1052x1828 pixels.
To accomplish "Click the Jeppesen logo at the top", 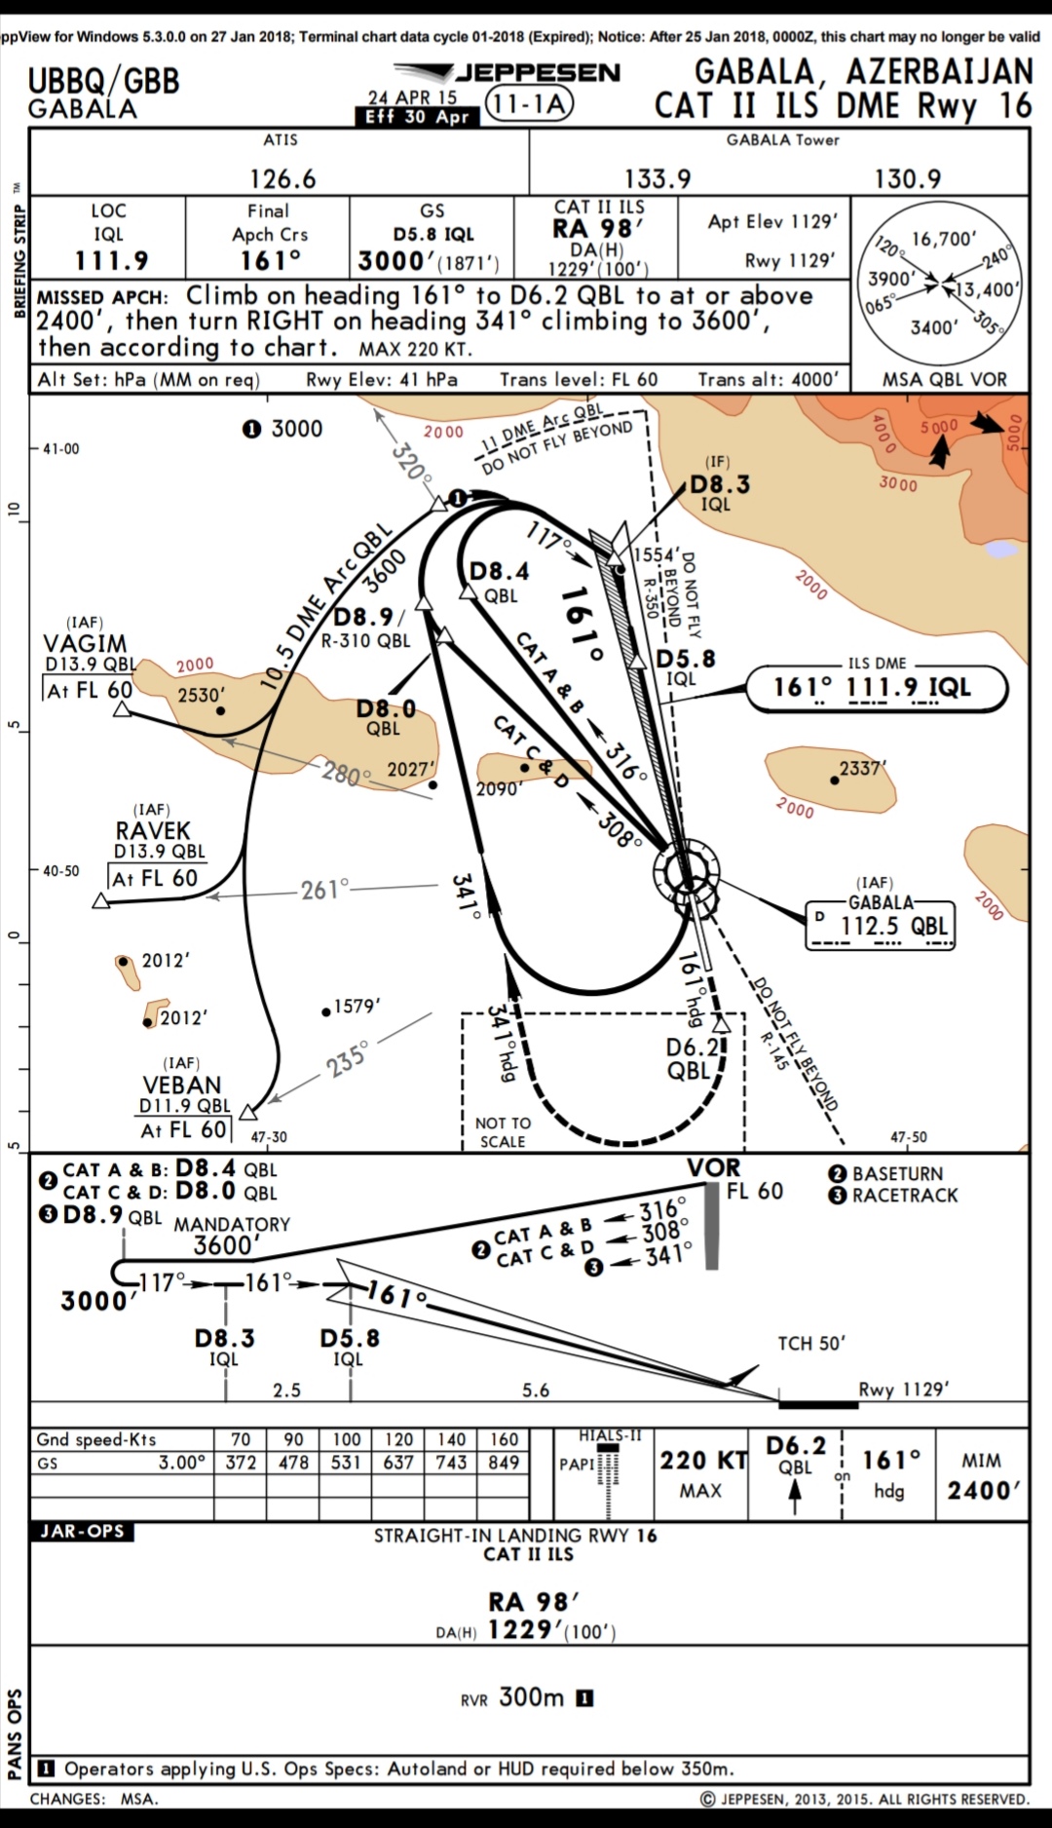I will click(x=507, y=72).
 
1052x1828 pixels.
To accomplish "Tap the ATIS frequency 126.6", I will click(x=282, y=178).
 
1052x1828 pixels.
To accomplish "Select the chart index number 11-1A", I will click(x=529, y=104).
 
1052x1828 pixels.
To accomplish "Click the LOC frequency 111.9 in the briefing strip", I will click(x=111, y=260).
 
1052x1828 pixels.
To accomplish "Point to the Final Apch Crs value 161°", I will click(x=270, y=260).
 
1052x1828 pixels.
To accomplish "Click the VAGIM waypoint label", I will click(x=85, y=643).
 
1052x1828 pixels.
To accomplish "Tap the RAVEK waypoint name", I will click(x=153, y=831).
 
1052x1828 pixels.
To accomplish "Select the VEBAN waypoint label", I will click(x=182, y=1085).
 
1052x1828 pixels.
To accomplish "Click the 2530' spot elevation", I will click(x=201, y=695).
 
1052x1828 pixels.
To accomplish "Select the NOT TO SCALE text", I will click(x=503, y=1132).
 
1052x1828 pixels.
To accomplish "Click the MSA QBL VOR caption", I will click(x=944, y=379).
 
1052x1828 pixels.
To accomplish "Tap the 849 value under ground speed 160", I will click(x=504, y=1463).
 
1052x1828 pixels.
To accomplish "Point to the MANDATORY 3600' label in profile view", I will click(x=231, y=1235).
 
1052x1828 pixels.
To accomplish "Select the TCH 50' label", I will click(x=810, y=1343).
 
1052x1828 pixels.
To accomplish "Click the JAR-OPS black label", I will click(x=82, y=1531).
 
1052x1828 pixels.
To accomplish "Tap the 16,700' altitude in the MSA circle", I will click(x=944, y=239).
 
